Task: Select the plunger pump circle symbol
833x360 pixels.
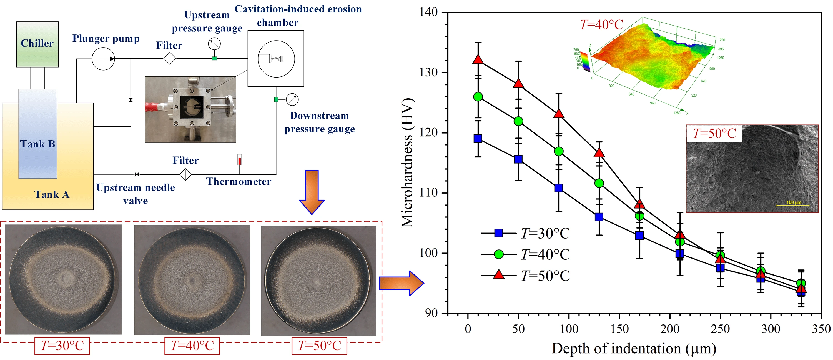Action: click(x=103, y=59)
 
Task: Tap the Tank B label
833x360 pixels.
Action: click(x=37, y=144)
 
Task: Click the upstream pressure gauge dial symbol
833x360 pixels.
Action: click(x=214, y=44)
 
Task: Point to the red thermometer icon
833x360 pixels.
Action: click(x=240, y=160)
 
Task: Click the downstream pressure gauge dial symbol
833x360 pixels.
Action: click(x=292, y=100)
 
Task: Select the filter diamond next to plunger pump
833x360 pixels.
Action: click(x=170, y=59)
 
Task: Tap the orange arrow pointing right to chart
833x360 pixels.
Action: click(x=401, y=283)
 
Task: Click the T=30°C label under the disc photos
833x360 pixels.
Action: click(x=62, y=346)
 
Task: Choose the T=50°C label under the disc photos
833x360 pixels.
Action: click(x=319, y=346)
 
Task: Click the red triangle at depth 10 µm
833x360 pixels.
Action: click(x=478, y=60)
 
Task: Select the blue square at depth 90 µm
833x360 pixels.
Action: click(x=558, y=188)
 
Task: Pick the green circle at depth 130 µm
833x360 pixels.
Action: click(x=599, y=183)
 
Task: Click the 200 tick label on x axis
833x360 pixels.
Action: click(x=670, y=329)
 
